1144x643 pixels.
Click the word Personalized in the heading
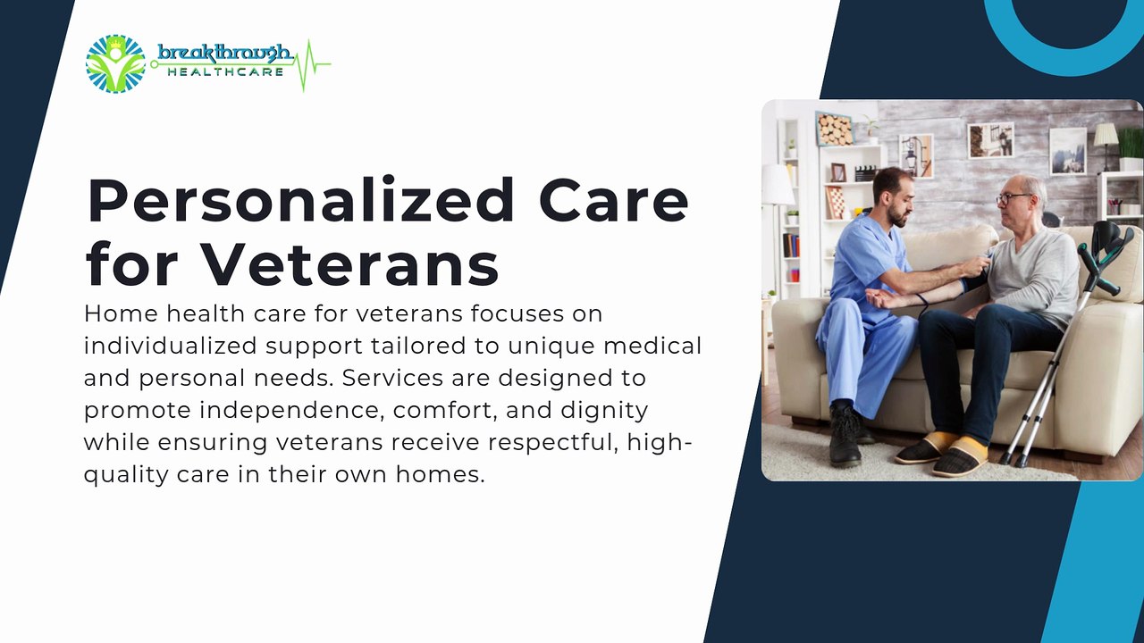[x=301, y=201]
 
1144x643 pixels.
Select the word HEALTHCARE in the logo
[x=225, y=72]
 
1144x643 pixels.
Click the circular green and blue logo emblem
[x=115, y=63]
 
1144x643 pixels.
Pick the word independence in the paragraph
[x=291, y=411]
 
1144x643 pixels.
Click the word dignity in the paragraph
[x=604, y=411]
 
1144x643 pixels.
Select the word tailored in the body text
[x=419, y=346]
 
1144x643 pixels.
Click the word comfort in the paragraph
[x=445, y=411]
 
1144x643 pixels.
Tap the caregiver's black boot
[x=845, y=435]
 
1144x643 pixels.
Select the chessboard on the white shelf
[x=836, y=203]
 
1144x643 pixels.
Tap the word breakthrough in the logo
[x=225, y=54]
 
